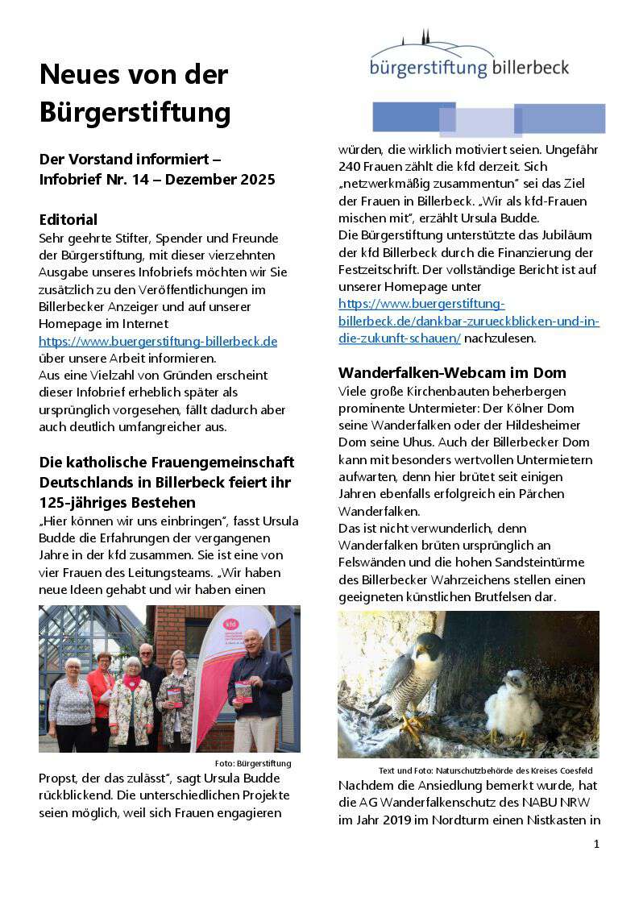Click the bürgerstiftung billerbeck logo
[x=470, y=58]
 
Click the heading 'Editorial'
[x=68, y=219]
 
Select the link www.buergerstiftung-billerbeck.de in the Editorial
[x=158, y=341]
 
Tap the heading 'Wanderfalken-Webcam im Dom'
[x=452, y=372]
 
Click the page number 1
[x=596, y=844]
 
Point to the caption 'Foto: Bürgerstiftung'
[x=253, y=763]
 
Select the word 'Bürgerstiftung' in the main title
[x=135, y=111]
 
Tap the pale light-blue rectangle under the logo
[x=480, y=122]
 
